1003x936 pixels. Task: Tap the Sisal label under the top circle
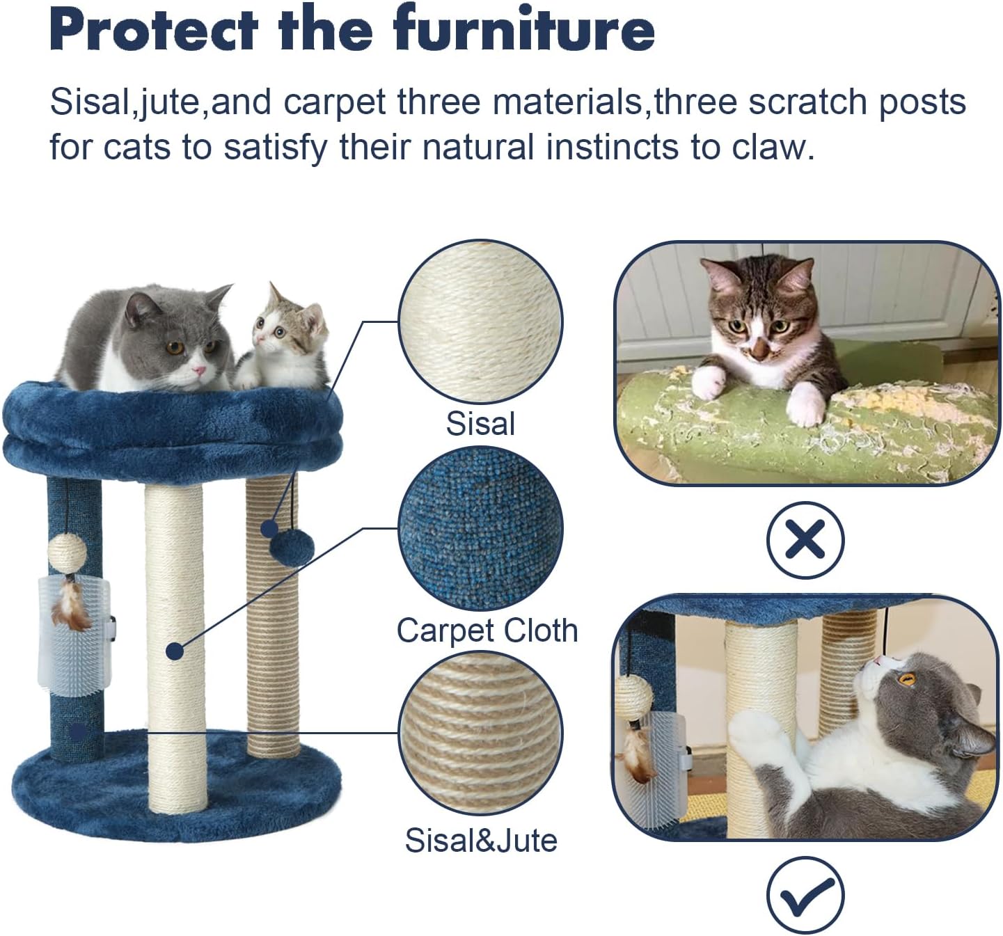tap(480, 424)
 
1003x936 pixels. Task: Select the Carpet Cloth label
tap(487, 630)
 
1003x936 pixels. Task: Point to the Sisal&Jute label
tap(481, 840)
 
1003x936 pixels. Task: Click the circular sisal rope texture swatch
tap(480, 322)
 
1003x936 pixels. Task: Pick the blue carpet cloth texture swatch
tap(480, 529)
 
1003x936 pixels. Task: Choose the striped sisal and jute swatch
tap(480, 734)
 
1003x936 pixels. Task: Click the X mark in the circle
tap(805, 539)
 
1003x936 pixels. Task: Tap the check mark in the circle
tap(805, 895)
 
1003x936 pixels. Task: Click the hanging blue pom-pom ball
tap(292, 546)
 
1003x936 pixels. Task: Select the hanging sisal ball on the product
tap(68, 553)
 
